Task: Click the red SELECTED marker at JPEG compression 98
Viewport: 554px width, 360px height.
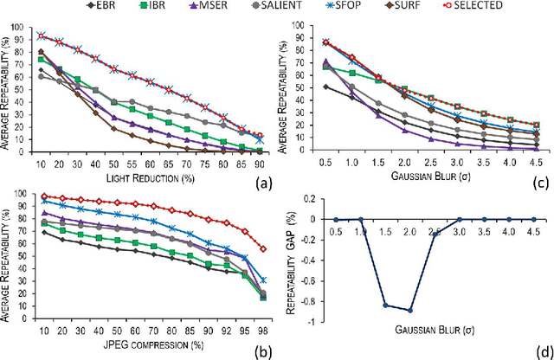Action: (263, 248)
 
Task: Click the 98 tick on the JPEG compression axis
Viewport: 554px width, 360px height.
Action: (263, 332)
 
